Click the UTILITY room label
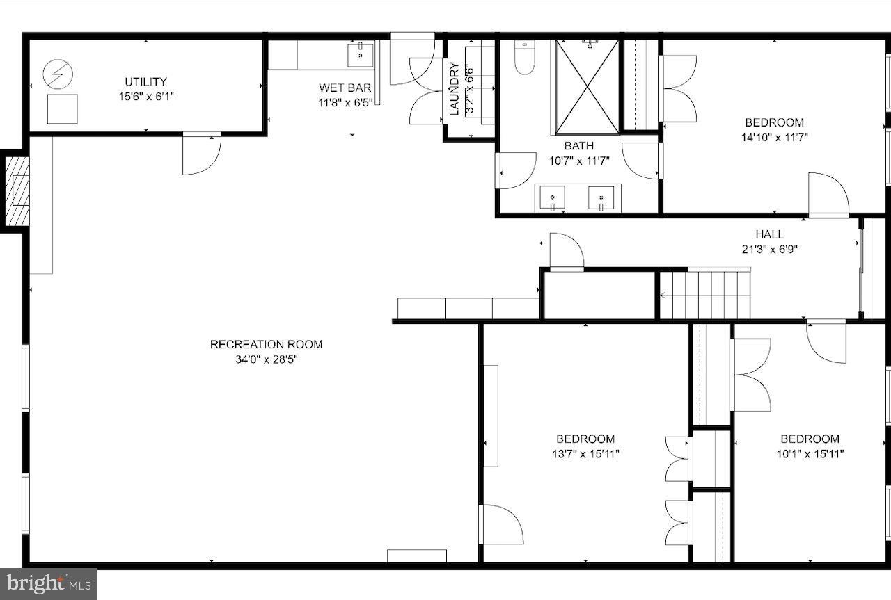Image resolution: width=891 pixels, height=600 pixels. coord(145,81)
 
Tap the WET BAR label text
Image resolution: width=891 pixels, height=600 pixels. coord(345,88)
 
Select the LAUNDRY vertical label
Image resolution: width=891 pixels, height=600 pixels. coord(454,88)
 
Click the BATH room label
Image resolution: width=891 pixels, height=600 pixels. coord(578,146)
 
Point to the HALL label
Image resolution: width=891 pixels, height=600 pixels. coord(769,234)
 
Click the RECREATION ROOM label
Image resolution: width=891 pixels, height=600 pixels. coord(266,344)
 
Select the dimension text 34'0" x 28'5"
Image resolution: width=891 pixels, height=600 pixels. coord(266,359)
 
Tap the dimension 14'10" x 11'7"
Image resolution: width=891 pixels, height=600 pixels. coord(773,137)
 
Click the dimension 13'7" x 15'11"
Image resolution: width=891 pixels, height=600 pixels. coord(585,454)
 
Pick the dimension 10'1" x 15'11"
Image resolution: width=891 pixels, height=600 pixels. coord(809,454)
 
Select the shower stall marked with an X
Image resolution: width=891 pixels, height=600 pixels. coord(587,87)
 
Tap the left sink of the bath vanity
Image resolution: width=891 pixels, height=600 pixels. coord(553,197)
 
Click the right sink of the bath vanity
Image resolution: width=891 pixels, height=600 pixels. coord(601,197)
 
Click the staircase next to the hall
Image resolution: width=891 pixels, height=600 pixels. coord(706,295)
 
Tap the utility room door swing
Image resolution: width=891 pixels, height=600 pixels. coord(201,154)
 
